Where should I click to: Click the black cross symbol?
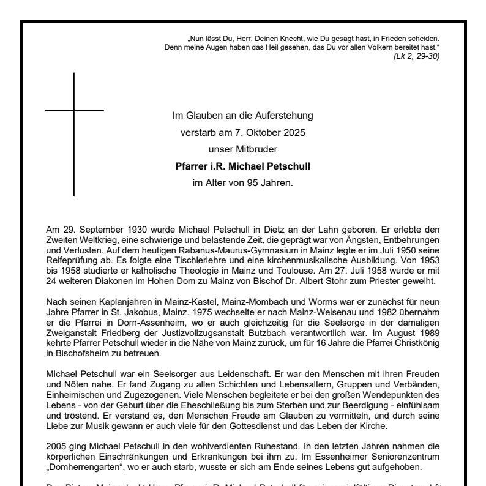tap(74, 112)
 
